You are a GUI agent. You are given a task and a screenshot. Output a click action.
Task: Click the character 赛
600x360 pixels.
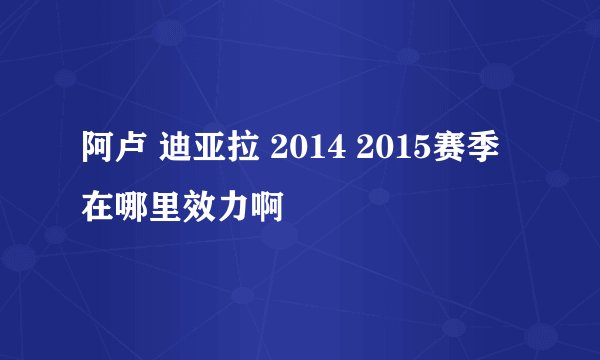tap(451, 155)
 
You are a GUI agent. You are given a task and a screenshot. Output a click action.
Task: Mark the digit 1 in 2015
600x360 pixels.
tap(401, 155)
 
